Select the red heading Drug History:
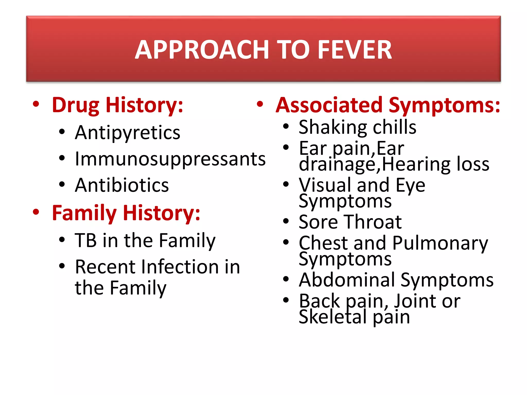[117, 105]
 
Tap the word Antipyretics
[127, 133]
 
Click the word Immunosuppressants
[170, 159]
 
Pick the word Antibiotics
[122, 185]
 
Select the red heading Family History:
[126, 213]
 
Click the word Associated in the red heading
[329, 105]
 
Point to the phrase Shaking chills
[357, 127]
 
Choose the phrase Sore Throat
[350, 222]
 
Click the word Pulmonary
[440, 243]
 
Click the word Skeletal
[332, 317]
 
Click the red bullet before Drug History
[36, 104]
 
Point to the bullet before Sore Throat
[286, 221]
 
